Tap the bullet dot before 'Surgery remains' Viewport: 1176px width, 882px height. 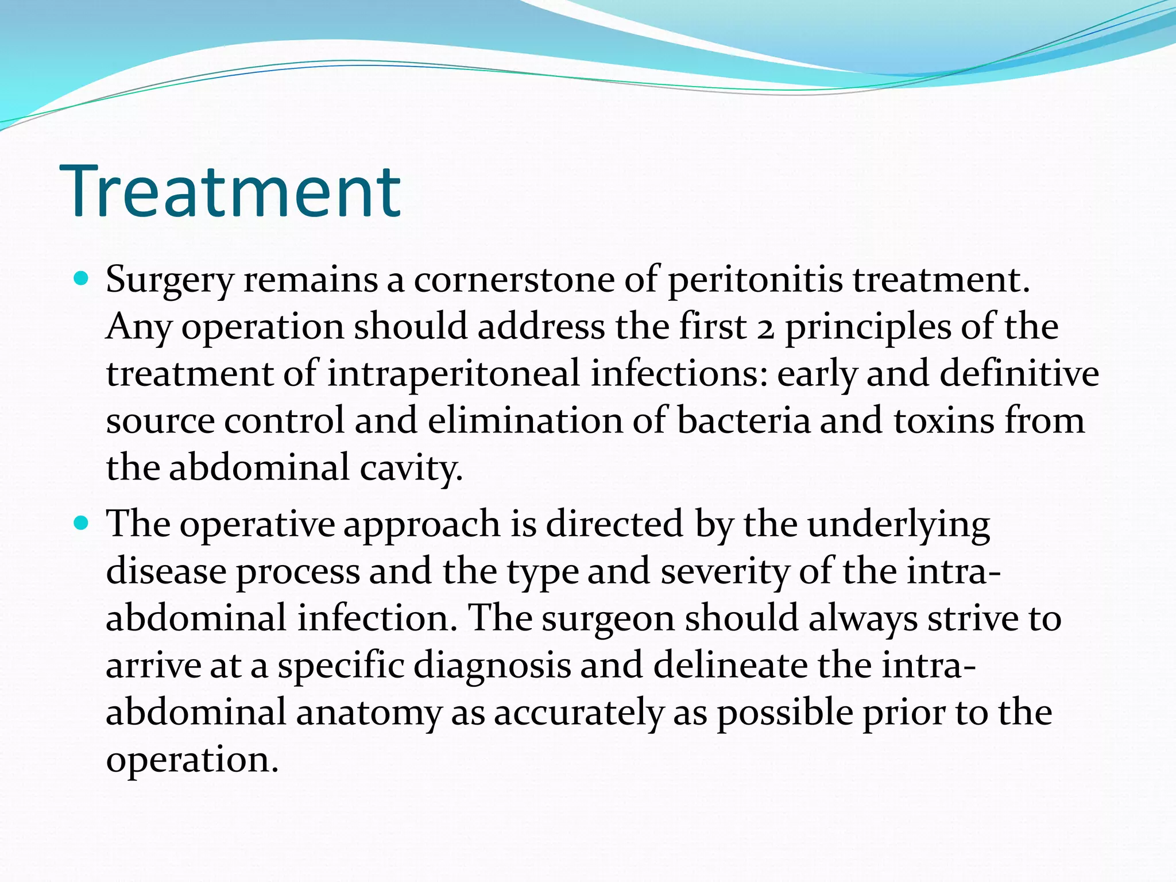[x=82, y=280]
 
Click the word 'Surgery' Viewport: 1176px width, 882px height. [x=170, y=281]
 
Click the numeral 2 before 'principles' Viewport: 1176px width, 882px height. [x=765, y=328]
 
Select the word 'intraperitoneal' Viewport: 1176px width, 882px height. [x=454, y=374]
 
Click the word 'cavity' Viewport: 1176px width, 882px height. [x=410, y=468]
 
